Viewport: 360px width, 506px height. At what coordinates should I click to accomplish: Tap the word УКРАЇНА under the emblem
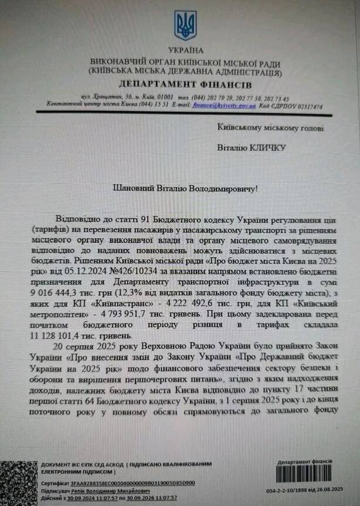click(186, 51)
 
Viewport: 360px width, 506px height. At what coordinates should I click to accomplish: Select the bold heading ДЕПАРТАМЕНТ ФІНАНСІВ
click(185, 83)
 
